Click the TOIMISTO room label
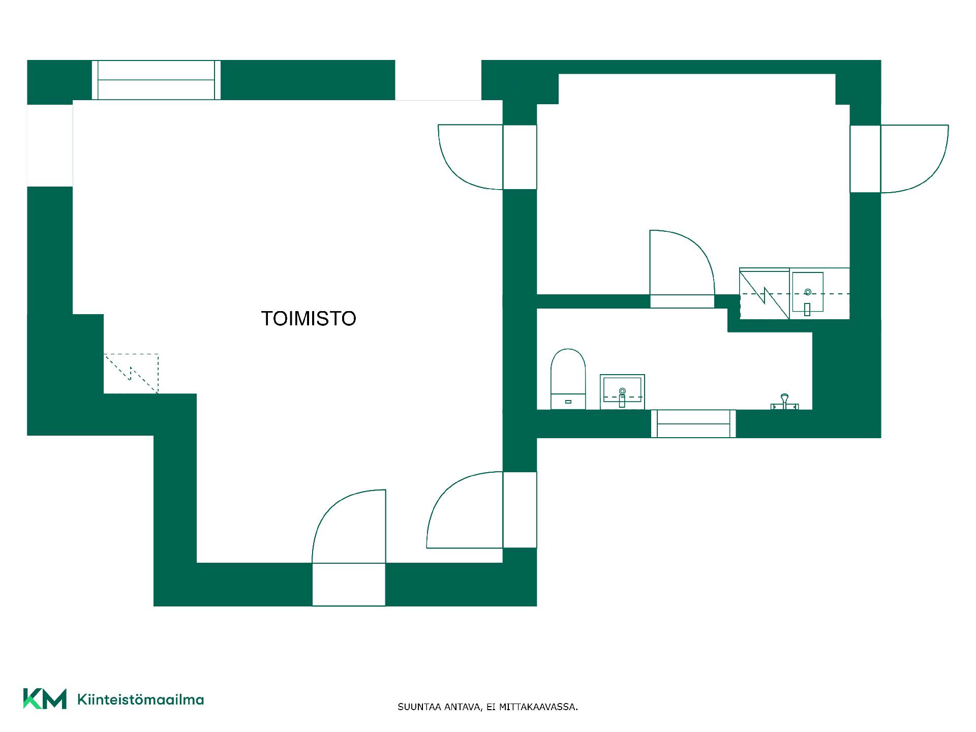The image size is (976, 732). point(309,319)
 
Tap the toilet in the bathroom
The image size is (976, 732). point(568,379)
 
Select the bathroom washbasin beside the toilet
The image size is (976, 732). point(622,392)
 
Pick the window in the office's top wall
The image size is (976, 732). point(157,80)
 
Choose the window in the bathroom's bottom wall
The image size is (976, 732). point(693,423)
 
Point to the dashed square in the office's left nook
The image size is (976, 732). point(131,374)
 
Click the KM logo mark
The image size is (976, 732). point(45,699)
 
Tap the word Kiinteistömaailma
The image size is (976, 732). point(140,699)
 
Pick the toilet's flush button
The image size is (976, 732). point(568,402)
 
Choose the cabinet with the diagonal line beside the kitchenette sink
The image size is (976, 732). point(765,294)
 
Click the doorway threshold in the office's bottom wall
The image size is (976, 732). point(349,585)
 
